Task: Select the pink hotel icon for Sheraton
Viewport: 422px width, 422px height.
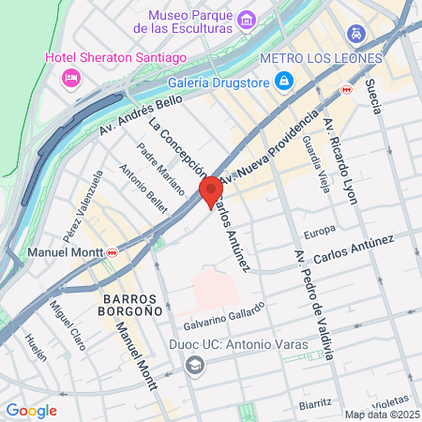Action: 69,78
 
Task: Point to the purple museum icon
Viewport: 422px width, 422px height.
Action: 247,19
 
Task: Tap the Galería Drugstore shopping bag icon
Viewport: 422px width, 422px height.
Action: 283,82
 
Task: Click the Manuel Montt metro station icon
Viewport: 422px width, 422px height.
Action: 113,251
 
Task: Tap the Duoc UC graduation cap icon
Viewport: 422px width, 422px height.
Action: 194,366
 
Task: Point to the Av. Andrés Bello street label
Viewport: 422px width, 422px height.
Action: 141,113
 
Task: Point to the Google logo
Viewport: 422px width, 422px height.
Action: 31,410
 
